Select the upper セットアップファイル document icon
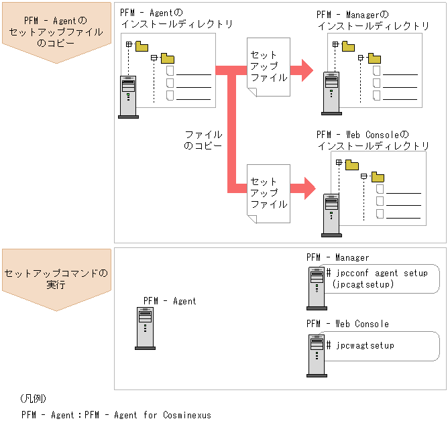268,69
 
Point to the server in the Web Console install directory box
330,214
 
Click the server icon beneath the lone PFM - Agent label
145,328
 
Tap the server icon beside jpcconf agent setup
316,287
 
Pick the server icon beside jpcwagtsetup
316,355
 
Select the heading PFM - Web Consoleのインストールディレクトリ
373,140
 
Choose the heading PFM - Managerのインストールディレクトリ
373,20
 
